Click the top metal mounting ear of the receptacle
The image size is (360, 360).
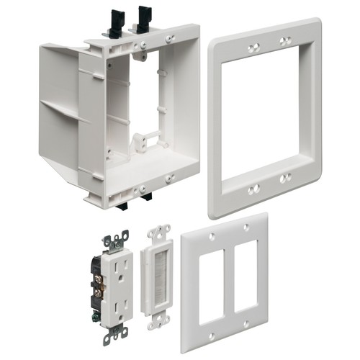tap(115, 240)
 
